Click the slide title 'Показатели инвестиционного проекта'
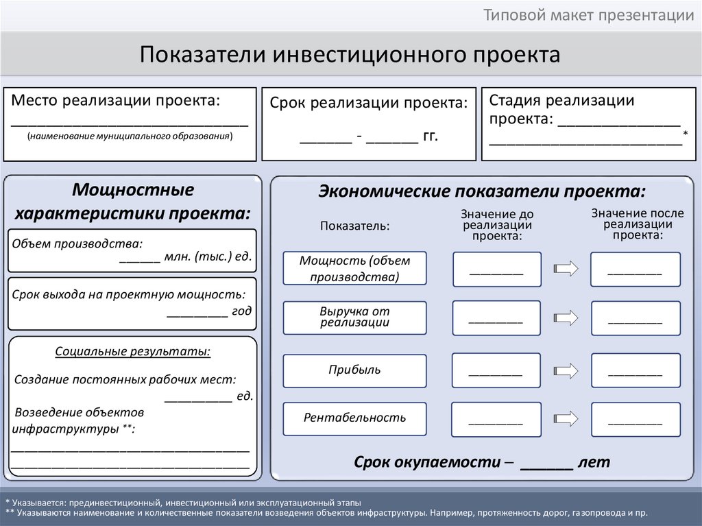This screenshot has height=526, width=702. (350, 54)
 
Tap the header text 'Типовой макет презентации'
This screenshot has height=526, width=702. (589, 16)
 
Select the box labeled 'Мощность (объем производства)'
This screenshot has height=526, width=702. (354, 268)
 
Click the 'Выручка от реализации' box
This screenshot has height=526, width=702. (354, 317)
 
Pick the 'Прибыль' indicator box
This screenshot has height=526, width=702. (354, 370)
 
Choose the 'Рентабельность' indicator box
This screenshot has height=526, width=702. (354, 418)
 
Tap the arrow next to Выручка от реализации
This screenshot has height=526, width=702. (566, 318)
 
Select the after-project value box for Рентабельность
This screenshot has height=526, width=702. (636, 419)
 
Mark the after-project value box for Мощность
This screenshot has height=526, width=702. (636, 270)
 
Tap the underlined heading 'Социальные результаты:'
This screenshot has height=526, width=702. (133, 352)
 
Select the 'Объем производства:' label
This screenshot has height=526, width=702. (77, 243)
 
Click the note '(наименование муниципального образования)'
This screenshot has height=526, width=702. (130, 136)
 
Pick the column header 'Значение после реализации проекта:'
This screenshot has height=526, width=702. (638, 224)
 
